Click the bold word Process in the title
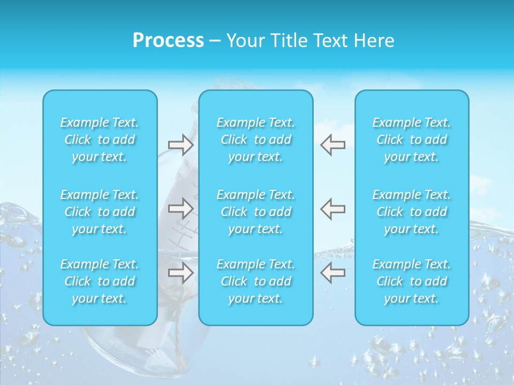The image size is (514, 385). click(168, 41)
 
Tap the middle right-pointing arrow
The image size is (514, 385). click(180, 209)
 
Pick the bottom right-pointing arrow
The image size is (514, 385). click(180, 273)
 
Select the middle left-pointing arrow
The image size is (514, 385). click(332, 209)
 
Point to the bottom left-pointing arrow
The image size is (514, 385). click(332, 273)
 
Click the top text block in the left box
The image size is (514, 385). click(100, 140)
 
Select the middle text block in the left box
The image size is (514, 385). click(100, 212)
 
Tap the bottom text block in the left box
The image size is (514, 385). click(100, 281)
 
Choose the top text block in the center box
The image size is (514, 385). click(255, 140)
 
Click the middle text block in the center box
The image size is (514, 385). click(255, 212)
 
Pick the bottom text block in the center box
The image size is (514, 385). click(255, 281)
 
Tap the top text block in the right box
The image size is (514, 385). click(411, 140)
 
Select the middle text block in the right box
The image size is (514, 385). click(411, 212)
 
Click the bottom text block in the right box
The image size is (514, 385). click(411, 281)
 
